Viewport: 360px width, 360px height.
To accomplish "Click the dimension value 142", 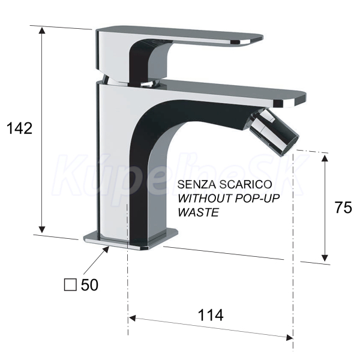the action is tap(20, 128).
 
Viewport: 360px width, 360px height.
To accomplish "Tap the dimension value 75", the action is tap(343, 208).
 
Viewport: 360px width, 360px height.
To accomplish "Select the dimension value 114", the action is tap(211, 315).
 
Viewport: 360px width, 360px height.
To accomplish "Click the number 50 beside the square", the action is tap(89, 285).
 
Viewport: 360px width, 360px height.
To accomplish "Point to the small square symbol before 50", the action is tap(70, 285).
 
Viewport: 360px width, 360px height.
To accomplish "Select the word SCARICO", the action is tap(245, 184).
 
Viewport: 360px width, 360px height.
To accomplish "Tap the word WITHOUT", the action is tap(205, 199).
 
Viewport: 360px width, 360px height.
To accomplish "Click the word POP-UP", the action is tap(257, 199).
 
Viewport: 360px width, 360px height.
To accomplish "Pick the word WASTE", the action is tap(199, 212).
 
